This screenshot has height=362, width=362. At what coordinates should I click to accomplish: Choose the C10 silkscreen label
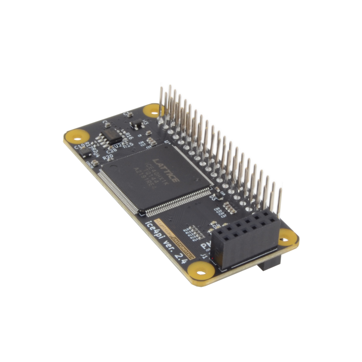point(78,146)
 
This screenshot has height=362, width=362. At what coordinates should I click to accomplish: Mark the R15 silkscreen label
point(129,145)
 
